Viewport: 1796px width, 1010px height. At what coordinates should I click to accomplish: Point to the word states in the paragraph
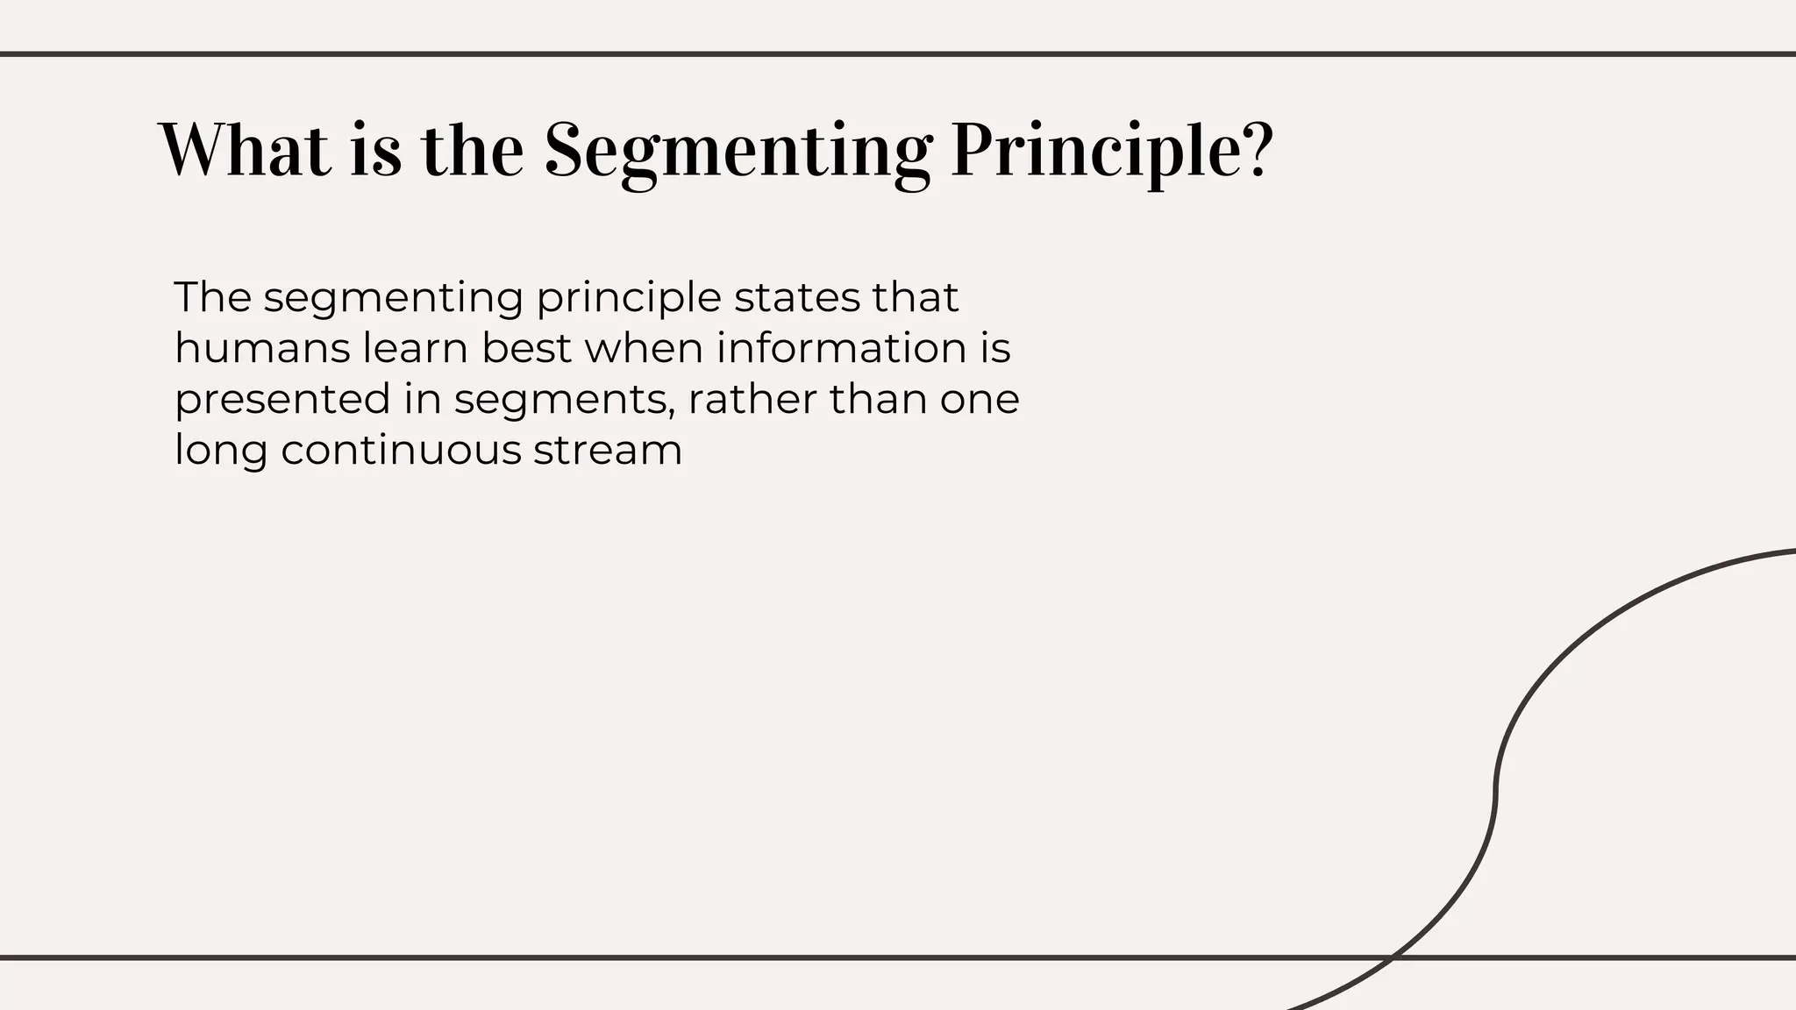pyautogui.click(x=796, y=297)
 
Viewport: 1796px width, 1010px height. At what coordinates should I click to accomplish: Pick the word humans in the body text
pyautogui.click(x=260, y=348)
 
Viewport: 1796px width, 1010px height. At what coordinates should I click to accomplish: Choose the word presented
pyautogui.click(x=282, y=400)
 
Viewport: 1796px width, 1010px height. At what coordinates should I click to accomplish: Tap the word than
pyautogui.click(x=878, y=400)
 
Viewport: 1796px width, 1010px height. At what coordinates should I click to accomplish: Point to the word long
pyautogui.click(x=220, y=452)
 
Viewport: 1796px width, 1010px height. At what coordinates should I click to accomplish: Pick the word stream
pyautogui.click(x=608, y=450)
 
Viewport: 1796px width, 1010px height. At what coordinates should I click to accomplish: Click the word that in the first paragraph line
pyautogui.click(x=915, y=297)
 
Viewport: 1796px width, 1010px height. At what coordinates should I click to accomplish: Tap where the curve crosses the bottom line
pyautogui.click(x=1393, y=957)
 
